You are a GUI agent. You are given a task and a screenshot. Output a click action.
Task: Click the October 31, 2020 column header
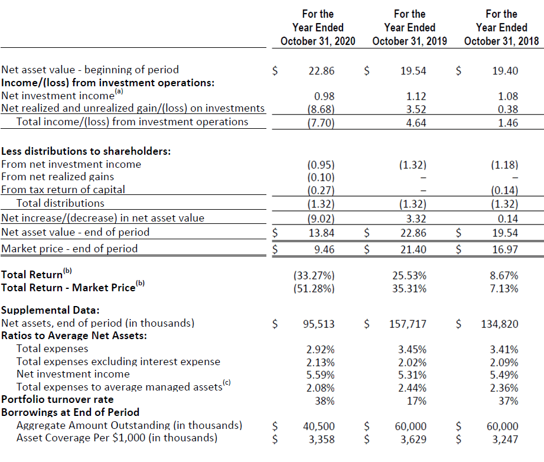(x=318, y=27)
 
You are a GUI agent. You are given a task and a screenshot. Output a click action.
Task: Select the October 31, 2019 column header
(x=410, y=27)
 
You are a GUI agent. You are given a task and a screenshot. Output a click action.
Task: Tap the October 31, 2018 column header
(x=501, y=27)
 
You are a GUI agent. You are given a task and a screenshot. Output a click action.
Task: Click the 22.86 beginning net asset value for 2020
(x=321, y=71)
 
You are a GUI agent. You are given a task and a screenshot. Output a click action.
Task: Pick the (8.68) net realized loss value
(x=321, y=109)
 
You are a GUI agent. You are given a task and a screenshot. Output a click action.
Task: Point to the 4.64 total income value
(x=416, y=123)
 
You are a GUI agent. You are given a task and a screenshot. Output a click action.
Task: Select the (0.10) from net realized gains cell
(x=321, y=177)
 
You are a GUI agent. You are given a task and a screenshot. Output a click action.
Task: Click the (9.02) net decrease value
(x=321, y=219)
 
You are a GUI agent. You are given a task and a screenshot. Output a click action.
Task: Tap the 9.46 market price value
(x=324, y=249)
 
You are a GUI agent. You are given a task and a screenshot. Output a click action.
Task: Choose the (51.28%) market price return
(x=314, y=288)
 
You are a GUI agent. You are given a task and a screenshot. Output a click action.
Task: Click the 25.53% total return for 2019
(x=409, y=275)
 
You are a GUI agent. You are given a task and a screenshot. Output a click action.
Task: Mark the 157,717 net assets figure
(x=408, y=324)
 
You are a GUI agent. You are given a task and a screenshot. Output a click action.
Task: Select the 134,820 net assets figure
(x=500, y=324)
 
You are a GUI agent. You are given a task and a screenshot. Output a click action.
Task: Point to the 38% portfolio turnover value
(x=325, y=401)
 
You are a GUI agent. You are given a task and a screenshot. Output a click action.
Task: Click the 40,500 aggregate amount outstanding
(x=319, y=426)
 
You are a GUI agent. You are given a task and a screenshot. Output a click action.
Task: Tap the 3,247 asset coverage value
(x=505, y=440)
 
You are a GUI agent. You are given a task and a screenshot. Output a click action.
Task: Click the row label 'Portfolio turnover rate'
(x=57, y=399)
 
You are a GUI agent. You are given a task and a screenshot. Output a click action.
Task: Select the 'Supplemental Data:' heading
(x=50, y=310)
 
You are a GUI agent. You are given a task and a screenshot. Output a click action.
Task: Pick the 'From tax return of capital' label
(x=63, y=190)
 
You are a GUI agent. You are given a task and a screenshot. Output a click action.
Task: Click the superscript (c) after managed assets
(x=227, y=382)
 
